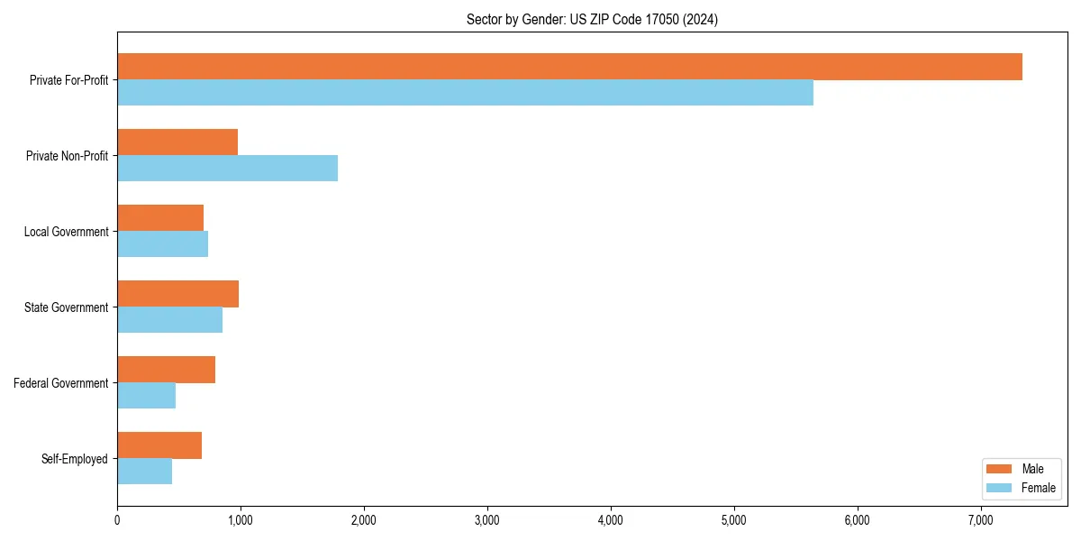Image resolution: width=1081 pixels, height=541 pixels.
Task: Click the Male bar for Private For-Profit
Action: tap(569, 67)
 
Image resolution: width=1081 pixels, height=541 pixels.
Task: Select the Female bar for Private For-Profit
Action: tap(465, 93)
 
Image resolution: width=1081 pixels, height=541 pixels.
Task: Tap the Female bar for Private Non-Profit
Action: tap(227, 169)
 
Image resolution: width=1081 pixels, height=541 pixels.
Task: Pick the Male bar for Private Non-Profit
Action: tap(177, 142)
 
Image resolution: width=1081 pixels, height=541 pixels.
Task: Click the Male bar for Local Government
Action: tap(160, 218)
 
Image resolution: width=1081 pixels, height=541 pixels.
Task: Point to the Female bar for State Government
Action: tap(169, 320)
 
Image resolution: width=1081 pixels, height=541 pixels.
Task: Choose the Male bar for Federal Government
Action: tap(166, 370)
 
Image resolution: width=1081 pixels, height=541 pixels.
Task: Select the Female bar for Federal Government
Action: tap(146, 396)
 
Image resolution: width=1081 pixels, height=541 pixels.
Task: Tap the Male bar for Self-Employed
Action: tap(159, 445)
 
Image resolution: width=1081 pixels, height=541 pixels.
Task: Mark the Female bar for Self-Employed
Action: tap(144, 472)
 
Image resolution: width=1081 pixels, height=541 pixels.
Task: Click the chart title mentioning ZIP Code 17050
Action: tap(592, 19)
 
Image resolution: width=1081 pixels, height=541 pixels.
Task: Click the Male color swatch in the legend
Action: tap(1000, 469)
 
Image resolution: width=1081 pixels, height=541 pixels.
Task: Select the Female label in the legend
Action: tap(1038, 488)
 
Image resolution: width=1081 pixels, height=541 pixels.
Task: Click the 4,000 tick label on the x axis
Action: tap(611, 520)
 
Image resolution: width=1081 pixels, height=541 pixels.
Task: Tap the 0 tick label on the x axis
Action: tap(117, 520)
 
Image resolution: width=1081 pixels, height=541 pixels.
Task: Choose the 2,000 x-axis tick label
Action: tap(364, 520)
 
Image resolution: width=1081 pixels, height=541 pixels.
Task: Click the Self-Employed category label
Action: tap(75, 459)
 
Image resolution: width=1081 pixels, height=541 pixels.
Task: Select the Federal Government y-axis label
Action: tap(61, 383)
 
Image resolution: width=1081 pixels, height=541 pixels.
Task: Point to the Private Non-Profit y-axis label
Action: tap(68, 156)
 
